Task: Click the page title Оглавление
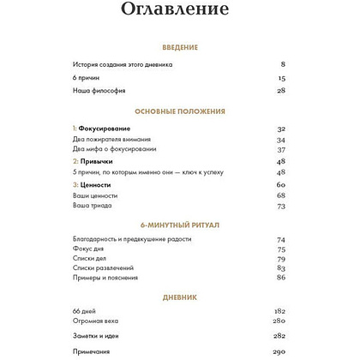(180, 12)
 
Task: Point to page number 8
(283, 64)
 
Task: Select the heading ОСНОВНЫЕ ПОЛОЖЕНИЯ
(180, 111)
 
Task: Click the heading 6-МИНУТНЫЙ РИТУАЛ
(180, 225)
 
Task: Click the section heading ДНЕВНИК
(180, 297)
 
